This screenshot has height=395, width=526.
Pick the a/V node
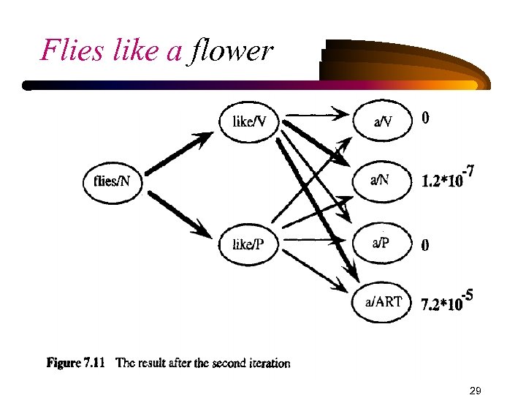[383, 121]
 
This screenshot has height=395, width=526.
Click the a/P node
[381, 244]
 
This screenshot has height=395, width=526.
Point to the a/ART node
[383, 301]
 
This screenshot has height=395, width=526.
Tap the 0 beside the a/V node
[425, 118]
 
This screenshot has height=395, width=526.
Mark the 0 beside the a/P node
[425, 246]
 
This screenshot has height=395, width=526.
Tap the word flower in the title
[229, 51]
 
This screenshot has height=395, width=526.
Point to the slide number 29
[475, 390]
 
